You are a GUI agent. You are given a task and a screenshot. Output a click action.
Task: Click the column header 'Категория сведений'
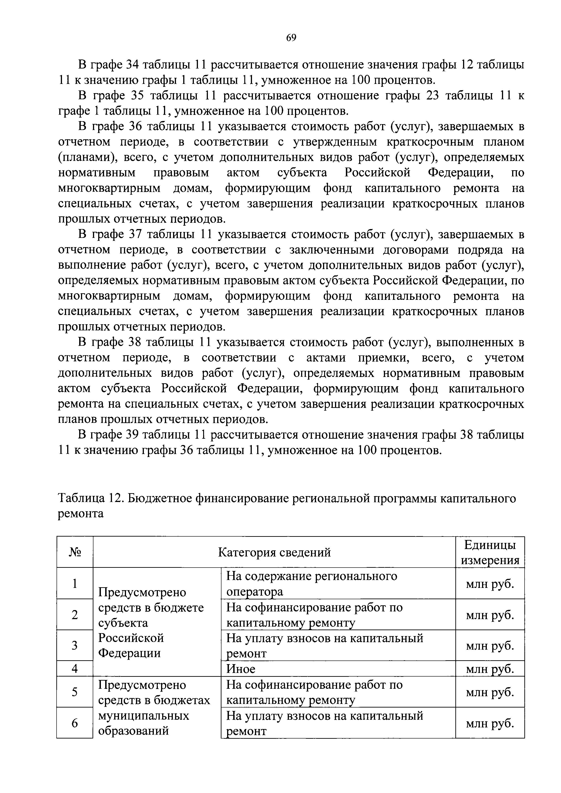click(x=274, y=552)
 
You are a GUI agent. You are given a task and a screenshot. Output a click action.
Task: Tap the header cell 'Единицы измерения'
click(x=490, y=552)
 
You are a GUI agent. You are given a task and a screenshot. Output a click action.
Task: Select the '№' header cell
click(x=75, y=552)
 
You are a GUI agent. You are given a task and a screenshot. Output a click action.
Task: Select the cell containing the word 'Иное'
click(x=241, y=669)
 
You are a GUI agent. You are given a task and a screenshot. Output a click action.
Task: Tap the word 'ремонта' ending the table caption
click(x=81, y=514)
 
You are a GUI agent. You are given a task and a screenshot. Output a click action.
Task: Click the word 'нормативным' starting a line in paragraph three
click(x=97, y=173)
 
